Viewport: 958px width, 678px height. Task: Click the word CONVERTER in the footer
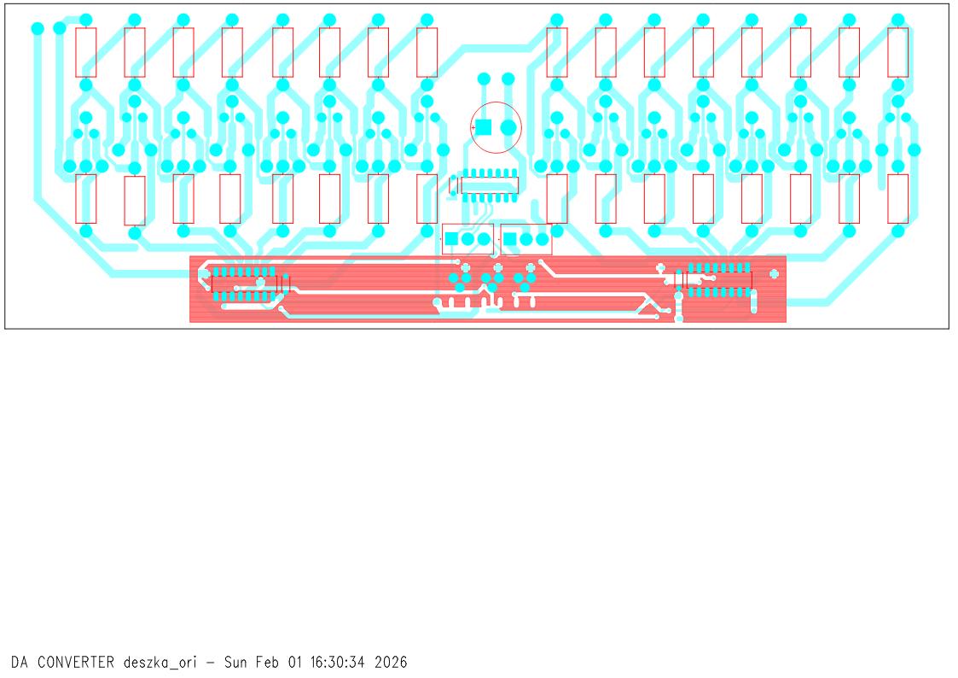[x=76, y=662]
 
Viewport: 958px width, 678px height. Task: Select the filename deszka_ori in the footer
[x=160, y=663]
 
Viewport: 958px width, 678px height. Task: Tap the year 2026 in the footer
[x=391, y=662]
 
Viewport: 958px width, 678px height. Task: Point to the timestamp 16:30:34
[x=337, y=662]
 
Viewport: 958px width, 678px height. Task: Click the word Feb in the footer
[x=266, y=662]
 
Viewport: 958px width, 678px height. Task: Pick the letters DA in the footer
[x=20, y=662]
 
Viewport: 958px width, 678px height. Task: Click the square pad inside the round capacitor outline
[x=484, y=127]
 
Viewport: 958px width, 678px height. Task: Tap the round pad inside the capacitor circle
[x=508, y=127]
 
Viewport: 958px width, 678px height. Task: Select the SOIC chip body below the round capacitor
[x=490, y=184]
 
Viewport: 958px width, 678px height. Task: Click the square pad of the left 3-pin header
[x=451, y=239]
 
